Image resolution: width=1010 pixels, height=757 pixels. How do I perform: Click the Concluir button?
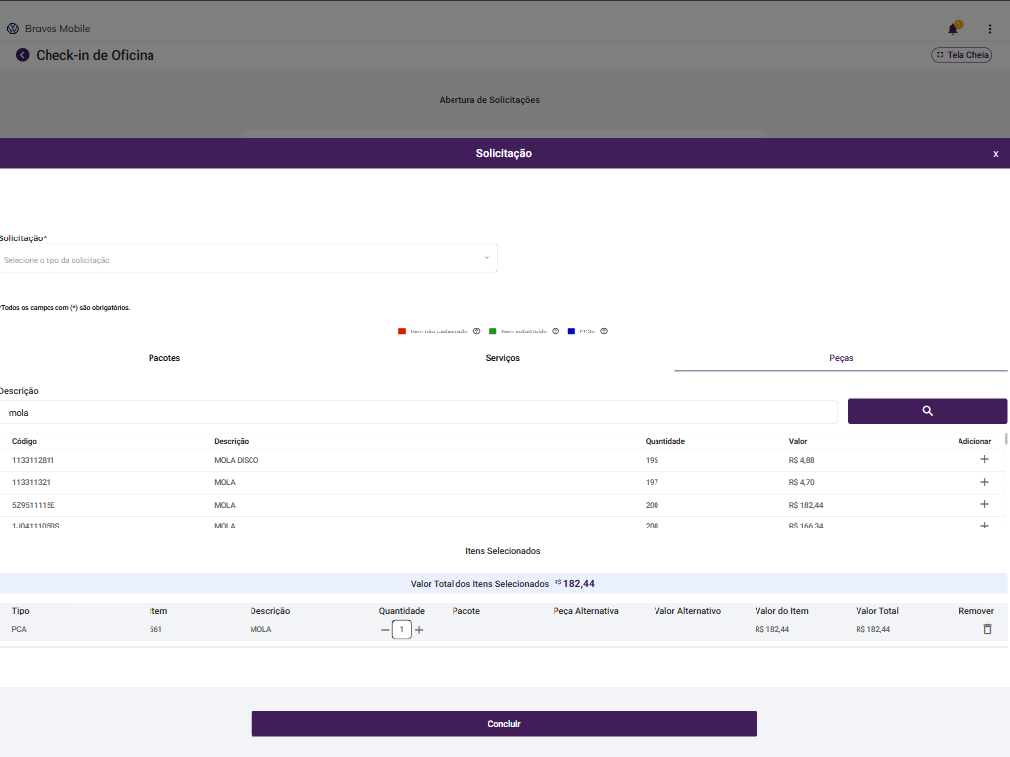click(503, 724)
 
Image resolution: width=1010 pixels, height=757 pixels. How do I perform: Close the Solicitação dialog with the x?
click(995, 154)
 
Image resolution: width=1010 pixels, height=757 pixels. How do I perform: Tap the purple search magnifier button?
click(927, 411)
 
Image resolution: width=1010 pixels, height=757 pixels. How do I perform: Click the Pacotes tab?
click(164, 358)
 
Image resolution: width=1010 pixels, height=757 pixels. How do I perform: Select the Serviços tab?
click(502, 358)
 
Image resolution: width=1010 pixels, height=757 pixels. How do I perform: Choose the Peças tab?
click(841, 358)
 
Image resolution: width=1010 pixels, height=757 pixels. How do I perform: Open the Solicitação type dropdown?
click(248, 259)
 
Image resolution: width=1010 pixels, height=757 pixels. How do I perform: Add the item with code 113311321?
click(984, 482)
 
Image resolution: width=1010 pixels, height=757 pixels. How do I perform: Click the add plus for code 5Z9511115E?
click(984, 505)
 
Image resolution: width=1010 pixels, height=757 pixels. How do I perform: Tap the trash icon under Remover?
click(987, 629)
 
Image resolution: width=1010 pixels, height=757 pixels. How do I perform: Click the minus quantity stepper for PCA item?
click(385, 630)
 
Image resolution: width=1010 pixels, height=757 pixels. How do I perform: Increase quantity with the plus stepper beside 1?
click(419, 630)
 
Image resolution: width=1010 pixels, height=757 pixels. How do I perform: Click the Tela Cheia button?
click(961, 55)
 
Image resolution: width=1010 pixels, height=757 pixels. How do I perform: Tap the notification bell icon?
click(953, 29)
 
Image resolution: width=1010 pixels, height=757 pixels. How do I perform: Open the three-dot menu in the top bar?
click(989, 29)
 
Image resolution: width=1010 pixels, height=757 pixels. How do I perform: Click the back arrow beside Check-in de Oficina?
click(23, 55)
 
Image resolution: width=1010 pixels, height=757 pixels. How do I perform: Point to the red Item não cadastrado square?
click(402, 331)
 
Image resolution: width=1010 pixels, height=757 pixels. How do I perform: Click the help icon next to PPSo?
click(604, 331)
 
